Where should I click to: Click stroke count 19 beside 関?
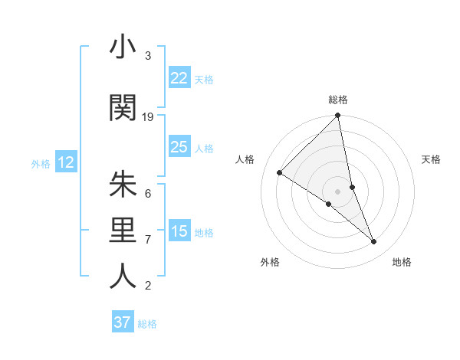pyautogui.click(x=148, y=116)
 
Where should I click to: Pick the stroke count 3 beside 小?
pyautogui.click(x=147, y=56)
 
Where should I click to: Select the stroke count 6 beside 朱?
pyautogui.click(x=147, y=193)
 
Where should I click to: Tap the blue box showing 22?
pyautogui.click(x=179, y=78)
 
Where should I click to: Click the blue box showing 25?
pyautogui.click(x=179, y=147)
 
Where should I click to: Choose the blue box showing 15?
pyautogui.click(x=179, y=231)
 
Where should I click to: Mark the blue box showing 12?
pyautogui.click(x=66, y=162)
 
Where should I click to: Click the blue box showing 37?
pyautogui.click(x=122, y=322)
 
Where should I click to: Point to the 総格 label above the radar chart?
pyautogui.click(x=338, y=100)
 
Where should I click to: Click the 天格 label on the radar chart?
pyautogui.click(x=431, y=159)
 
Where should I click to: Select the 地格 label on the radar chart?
pyautogui.click(x=402, y=262)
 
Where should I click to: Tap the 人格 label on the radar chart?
pyautogui.click(x=245, y=159)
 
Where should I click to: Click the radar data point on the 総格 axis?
pyautogui.click(x=338, y=116)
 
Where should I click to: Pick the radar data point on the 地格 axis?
pyautogui.click(x=374, y=242)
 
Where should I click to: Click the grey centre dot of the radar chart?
pyautogui.click(x=338, y=191)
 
